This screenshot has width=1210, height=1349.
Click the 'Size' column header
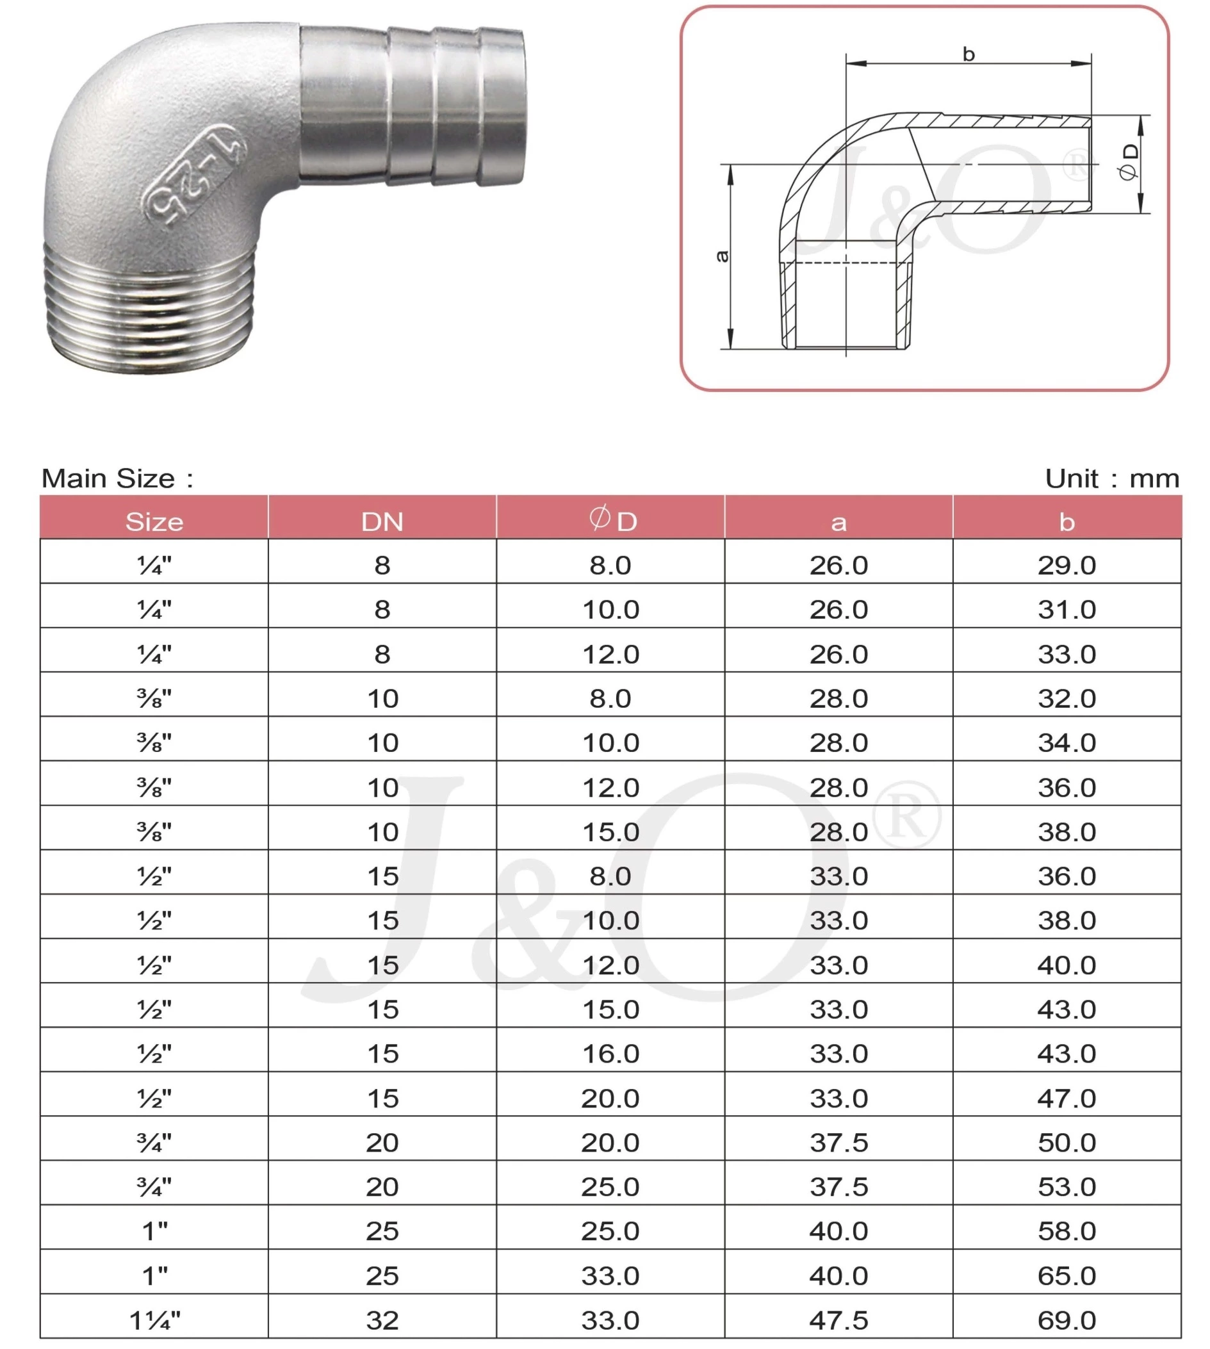(154, 522)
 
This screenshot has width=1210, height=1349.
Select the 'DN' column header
(382, 522)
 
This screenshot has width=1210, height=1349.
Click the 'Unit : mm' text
(1111, 478)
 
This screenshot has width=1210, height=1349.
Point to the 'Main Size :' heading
(118, 478)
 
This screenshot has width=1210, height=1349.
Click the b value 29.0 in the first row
(1067, 566)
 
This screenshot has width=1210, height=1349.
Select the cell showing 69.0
(1067, 1320)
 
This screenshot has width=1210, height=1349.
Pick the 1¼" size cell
(154, 1320)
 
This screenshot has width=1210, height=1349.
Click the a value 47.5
(838, 1320)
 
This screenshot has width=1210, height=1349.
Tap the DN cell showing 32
(382, 1320)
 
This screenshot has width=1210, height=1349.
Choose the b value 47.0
(1067, 1099)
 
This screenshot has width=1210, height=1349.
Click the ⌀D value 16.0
(610, 1054)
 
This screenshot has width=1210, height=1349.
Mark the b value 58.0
(1067, 1231)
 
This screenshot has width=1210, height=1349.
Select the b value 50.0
(1067, 1143)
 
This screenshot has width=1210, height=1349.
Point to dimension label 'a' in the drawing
(722, 256)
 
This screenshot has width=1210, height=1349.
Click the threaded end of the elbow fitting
(150, 306)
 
